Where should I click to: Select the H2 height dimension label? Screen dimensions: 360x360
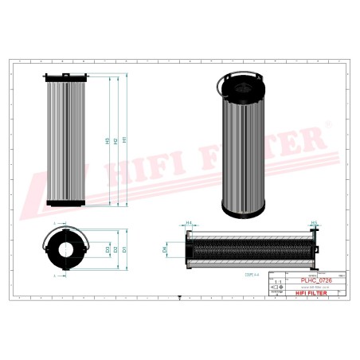click(116, 140)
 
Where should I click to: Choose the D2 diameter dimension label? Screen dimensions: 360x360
click(116, 250)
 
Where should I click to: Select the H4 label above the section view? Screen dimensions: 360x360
click(189, 224)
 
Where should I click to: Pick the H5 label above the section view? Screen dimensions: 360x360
click(313, 224)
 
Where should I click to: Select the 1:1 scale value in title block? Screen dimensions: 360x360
click(278, 283)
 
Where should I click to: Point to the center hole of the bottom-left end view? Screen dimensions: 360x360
click(65, 250)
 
